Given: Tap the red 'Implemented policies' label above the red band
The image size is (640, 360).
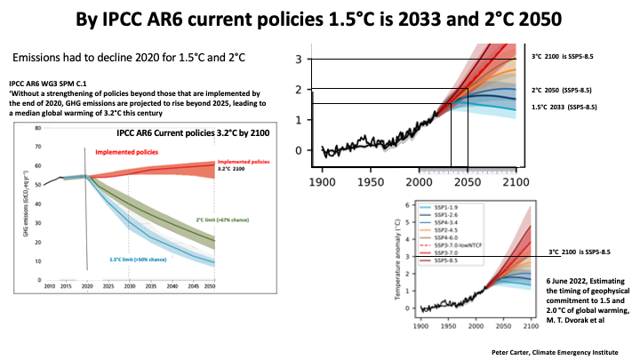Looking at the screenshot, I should [132, 153].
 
